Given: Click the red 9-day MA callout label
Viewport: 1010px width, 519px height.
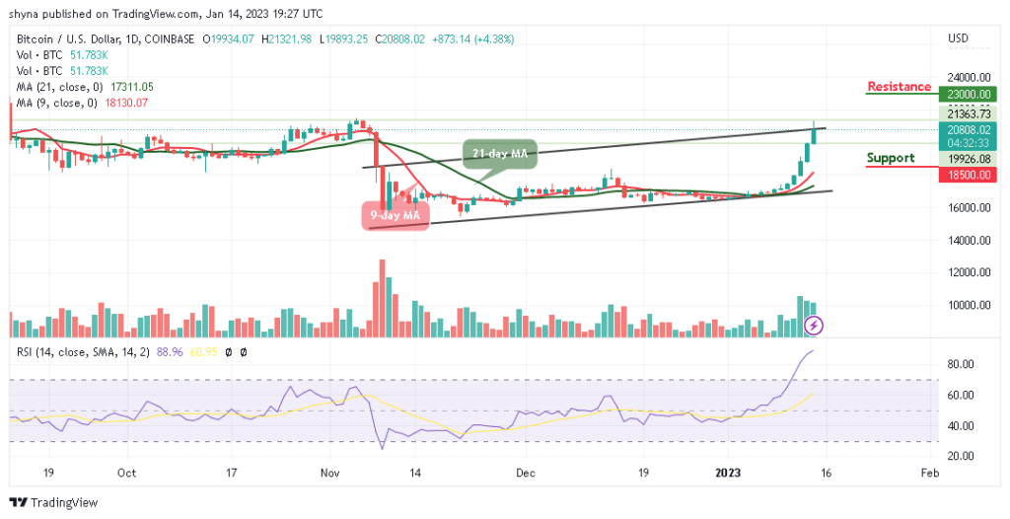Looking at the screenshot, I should (397, 215).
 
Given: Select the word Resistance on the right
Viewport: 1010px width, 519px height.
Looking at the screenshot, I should (899, 87).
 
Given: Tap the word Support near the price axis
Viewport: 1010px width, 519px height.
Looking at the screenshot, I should (890, 158).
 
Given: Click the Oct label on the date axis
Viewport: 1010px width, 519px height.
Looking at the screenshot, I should (126, 473).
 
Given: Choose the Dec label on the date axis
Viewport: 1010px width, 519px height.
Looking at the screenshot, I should (524, 473).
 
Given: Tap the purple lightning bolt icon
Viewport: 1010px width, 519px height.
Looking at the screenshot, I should (814, 324).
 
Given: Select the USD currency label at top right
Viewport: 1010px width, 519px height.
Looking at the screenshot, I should (959, 38).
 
